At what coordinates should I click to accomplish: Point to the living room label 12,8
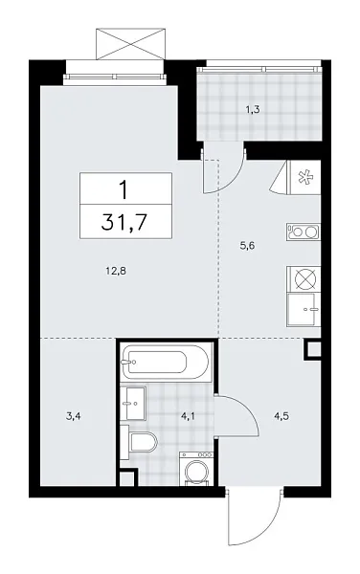pos(117,271)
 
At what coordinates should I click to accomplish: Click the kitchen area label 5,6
pos(246,245)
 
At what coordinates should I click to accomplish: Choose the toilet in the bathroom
pos(143,444)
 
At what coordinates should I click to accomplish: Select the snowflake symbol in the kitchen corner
pos(304,176)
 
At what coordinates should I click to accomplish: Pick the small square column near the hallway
pos(312,349)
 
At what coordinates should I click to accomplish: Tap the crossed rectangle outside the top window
pos(132,43)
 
